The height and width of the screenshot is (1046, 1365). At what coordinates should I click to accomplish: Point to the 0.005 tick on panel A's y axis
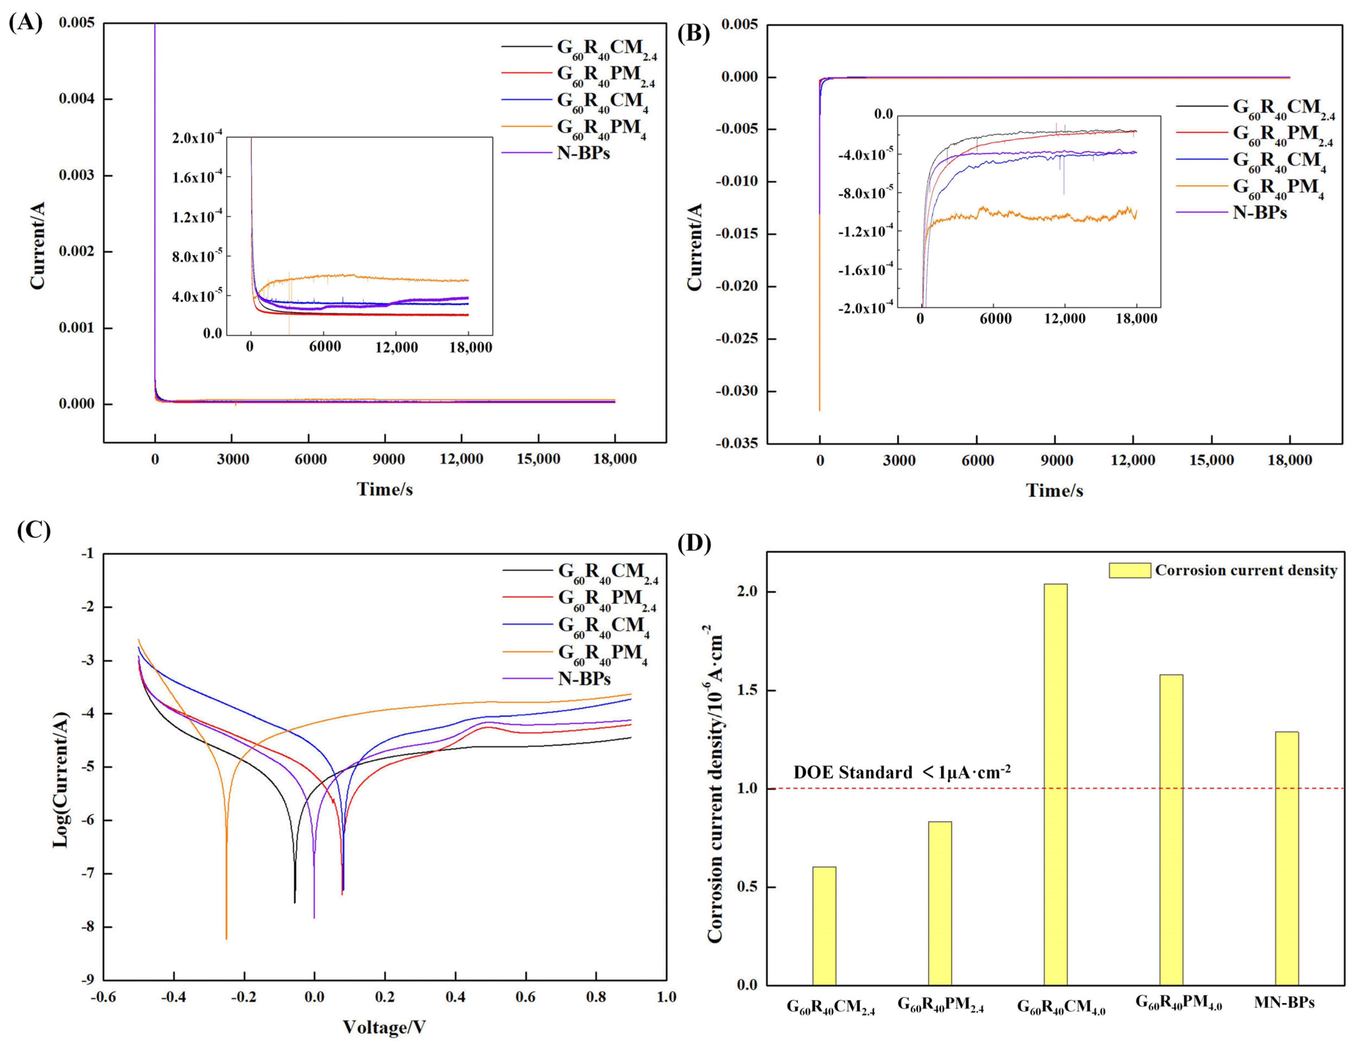(77, 23)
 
